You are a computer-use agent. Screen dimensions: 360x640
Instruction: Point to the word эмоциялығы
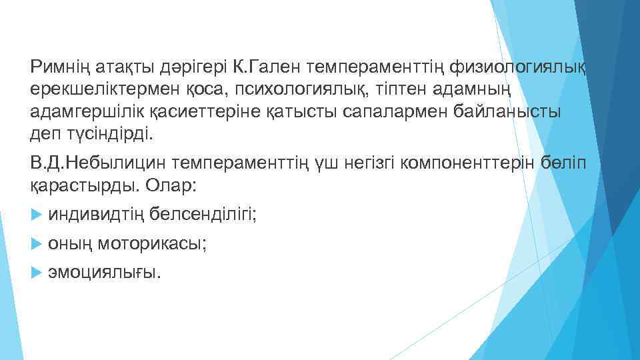(x=105, y=273)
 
